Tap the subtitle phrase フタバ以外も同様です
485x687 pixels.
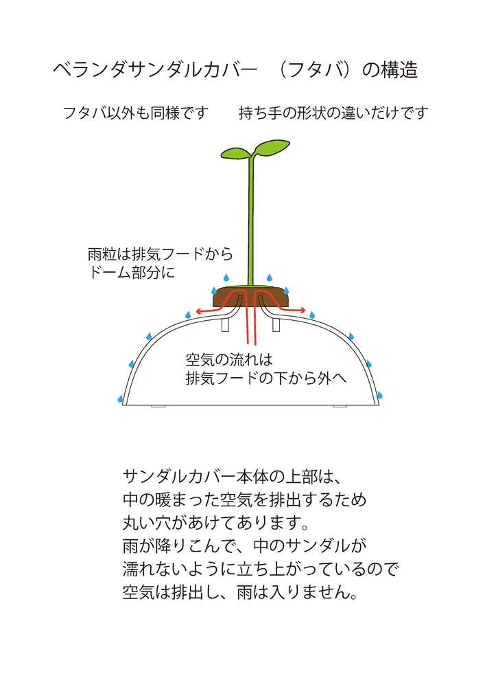click(x=136, y=113)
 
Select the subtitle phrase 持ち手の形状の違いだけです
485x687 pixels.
click(x=333, y=113)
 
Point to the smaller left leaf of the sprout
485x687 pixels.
click(x=235, y=153)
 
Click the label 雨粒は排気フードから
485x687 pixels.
click(x=160, y=254)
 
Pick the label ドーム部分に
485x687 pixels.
click(x=131, y=273)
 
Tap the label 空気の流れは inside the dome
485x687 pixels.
click(x=229, y=360)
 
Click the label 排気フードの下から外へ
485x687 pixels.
click(x=266, y=378)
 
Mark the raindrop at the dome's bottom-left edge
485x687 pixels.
click(x=120, y=398)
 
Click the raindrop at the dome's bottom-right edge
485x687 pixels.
click(x=379, y=395)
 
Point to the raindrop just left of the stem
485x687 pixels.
click(x=226, y=278)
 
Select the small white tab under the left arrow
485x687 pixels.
click(x=225, y=325)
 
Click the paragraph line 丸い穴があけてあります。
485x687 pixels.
click(x=216, y=523)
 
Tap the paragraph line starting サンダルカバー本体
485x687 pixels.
click(x=231, y=477)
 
